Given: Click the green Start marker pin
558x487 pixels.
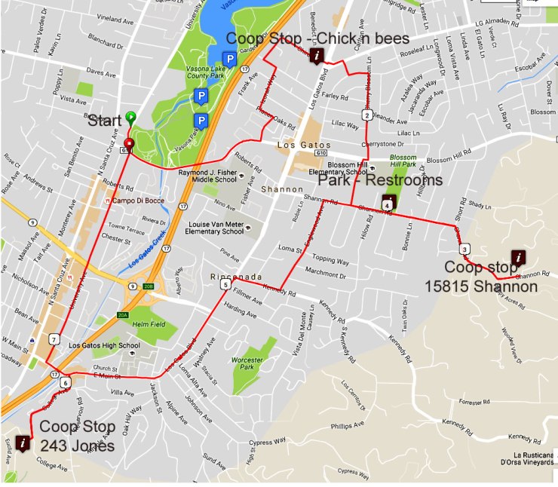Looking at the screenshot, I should [x=131, y=118].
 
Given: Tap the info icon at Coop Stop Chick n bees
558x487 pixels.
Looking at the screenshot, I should [x=318, y=56].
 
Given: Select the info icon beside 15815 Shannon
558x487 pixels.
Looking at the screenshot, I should [x=518, y=258].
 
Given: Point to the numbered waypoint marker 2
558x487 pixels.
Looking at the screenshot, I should [x=366, y=115].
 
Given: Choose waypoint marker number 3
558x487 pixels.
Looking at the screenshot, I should [x=464, y=250].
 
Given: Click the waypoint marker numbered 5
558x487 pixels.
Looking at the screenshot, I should [x=225, y=285].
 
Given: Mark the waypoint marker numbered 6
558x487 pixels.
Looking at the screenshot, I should [x=66, y=383].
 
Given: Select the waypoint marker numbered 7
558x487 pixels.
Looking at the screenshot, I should [x=54, y=339].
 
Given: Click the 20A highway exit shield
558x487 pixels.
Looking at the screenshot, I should [x=124, y=315].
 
